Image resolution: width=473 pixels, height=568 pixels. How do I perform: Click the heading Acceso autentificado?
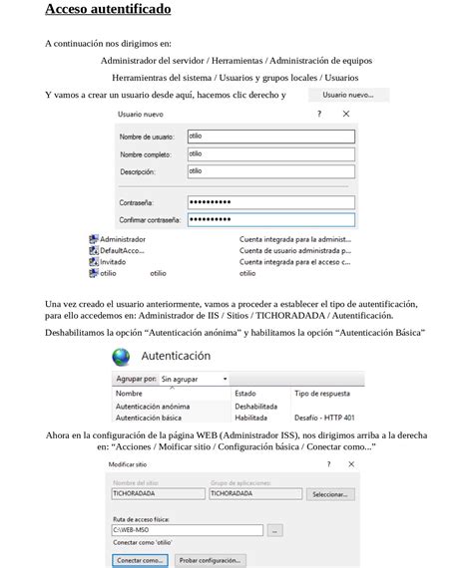point(108,10)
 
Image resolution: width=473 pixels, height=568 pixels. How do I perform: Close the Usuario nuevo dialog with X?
point(345,115)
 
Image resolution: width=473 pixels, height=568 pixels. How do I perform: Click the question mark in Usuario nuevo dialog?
point(319,115)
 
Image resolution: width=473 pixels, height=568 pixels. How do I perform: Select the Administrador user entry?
point(122,239)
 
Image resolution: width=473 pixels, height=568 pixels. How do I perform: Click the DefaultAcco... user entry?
point(122,250)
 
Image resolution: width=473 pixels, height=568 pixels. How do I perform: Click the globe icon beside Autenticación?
point(122,356)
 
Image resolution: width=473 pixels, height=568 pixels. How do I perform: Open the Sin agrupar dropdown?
point(194,380)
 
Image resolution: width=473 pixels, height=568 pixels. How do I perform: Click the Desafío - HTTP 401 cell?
point(324,418)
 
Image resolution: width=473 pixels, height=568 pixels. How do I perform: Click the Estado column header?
point(245,394)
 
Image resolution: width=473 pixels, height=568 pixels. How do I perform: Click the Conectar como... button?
point(140,560)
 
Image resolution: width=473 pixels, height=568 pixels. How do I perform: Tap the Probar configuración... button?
point(211,560)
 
